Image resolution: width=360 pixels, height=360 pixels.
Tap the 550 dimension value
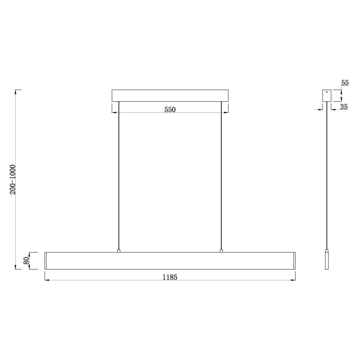coord(170,110)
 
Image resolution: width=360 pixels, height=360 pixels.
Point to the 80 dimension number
coord(26,261)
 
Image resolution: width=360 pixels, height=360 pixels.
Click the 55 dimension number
coord(345,83)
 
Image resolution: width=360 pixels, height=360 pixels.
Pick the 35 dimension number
coord(344,107)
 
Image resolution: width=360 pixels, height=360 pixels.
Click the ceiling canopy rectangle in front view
coord(170,95)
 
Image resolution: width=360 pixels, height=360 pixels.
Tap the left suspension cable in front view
coord(119,174)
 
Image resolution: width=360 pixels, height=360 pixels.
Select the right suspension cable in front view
coord(221,174)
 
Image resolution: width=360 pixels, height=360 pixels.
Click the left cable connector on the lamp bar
coord(119,251)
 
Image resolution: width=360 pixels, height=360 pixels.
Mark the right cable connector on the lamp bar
coord(221,251)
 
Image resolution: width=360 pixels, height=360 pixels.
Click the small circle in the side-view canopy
coord(327,92)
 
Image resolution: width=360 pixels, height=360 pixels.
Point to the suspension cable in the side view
coord(327,174)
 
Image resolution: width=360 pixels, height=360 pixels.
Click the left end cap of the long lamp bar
coord(46,260)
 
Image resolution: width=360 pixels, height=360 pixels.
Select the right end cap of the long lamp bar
coord(294,260)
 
